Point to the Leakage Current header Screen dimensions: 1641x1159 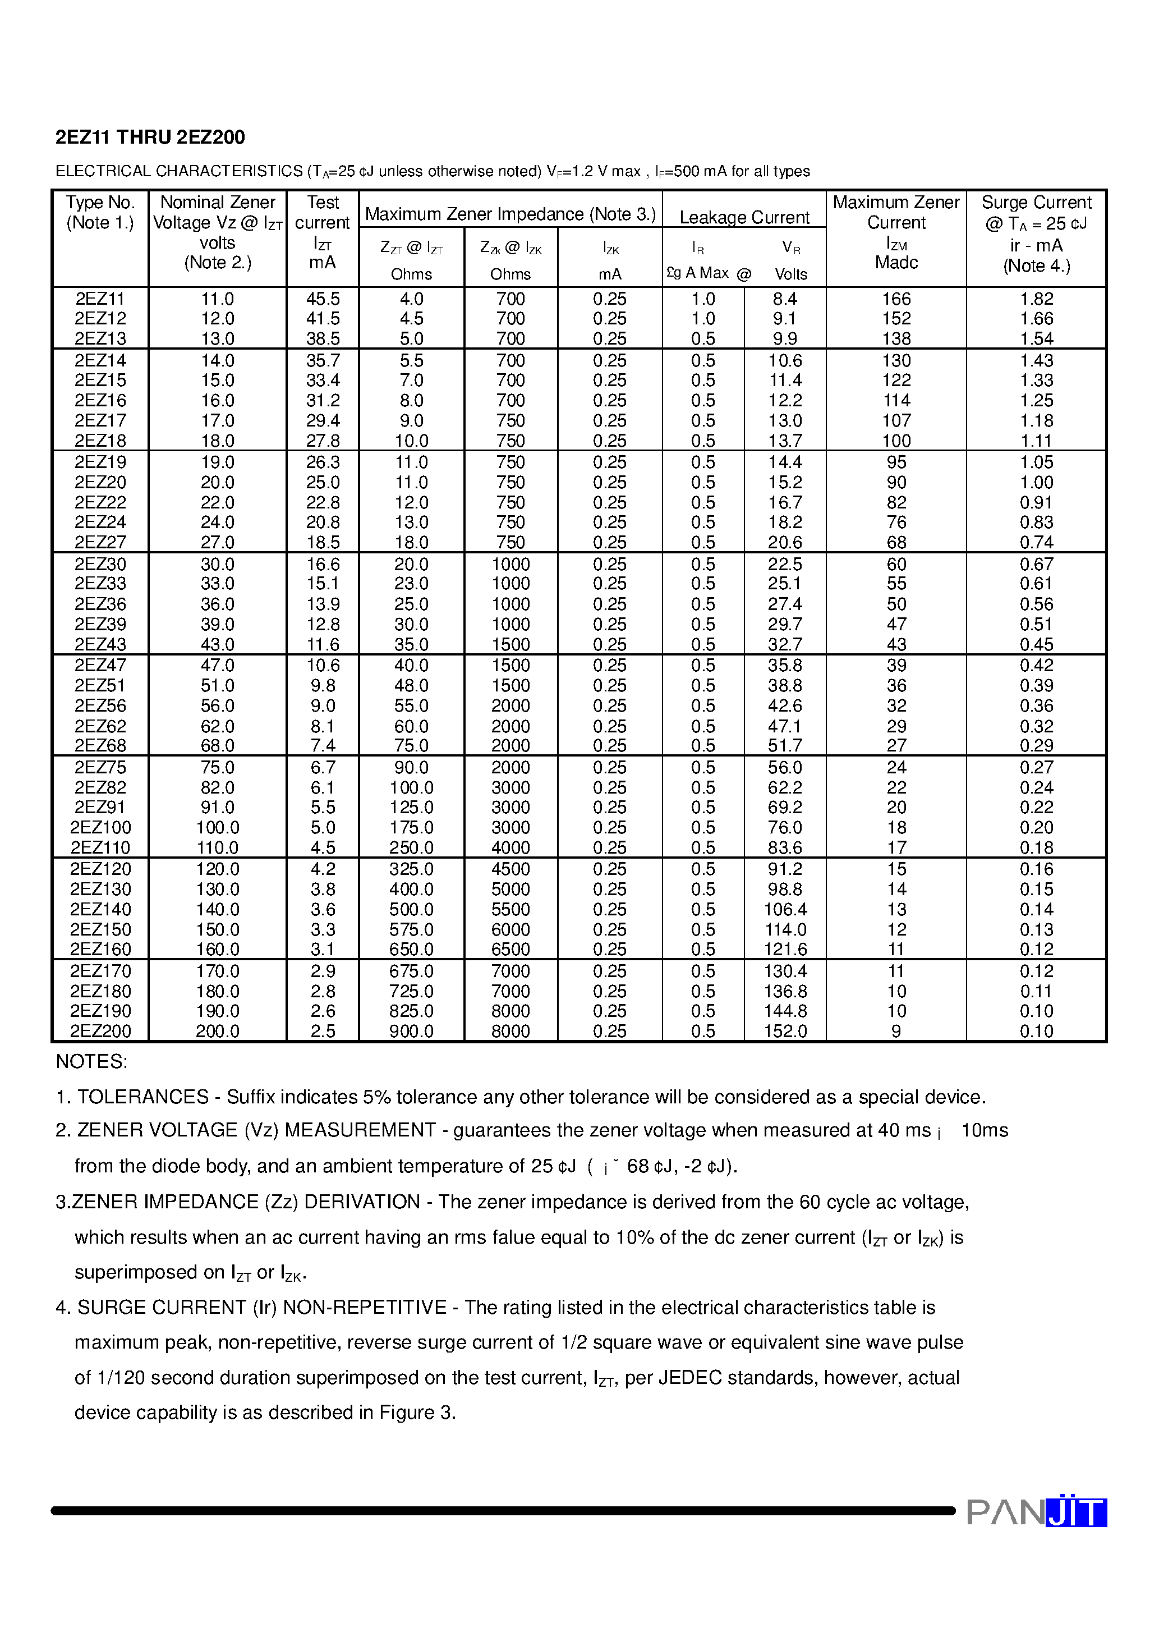tap(744, 217)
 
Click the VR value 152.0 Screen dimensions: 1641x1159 tap(785, 1032)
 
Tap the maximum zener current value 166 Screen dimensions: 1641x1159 tap(896, 299)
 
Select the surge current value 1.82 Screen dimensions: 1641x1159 tap(1036, 299)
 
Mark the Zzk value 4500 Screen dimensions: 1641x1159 tap(510, 869)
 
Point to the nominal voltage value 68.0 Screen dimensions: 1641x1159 tap(217, 745)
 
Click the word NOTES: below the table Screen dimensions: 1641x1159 tap(91, 1062)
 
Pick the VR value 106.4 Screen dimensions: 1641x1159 tap(785, 909)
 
